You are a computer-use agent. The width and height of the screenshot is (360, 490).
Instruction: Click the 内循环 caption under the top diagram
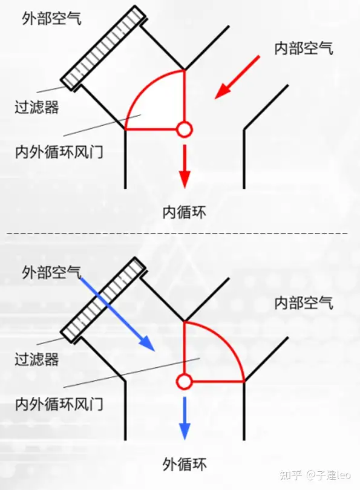pos(185,212)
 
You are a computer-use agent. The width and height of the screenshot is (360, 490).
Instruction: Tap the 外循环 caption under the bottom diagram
pos(185,464)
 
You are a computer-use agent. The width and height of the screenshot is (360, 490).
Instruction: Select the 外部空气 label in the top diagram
pos(51,19)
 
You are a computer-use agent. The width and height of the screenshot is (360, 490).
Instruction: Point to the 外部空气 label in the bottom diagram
pos(51,272)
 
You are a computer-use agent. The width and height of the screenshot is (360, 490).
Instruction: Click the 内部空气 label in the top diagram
pos(304,48)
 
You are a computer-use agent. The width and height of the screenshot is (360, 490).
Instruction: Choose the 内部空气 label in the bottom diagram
pos(304,303)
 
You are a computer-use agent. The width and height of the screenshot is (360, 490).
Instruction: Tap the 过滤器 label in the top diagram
pos(37,107)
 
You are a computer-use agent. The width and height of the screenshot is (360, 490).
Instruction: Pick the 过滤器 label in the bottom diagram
pos(37,359)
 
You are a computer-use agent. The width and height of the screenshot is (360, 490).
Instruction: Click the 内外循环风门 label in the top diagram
pos(59,152)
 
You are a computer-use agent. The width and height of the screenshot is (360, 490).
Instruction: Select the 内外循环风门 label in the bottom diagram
pos(59,404)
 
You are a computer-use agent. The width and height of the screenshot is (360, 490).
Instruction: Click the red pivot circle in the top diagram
pos(185,129)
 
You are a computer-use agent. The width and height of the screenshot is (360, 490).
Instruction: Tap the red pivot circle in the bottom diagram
pos(185,381)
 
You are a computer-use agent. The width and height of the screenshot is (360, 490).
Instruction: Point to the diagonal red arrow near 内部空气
pos(237,77)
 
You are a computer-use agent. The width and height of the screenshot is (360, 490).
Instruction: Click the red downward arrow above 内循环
pos(185,166)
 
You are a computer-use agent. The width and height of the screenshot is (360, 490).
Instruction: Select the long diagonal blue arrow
pos(117,314)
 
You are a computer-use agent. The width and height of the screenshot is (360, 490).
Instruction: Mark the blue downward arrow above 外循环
pos(185,419)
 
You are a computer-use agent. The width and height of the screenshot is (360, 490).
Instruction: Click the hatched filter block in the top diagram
pos(103,47)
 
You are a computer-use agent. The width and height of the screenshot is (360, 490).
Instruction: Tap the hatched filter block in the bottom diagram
pos(103,299)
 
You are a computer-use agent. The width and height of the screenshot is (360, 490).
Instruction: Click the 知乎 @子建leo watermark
pos(315,475)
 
